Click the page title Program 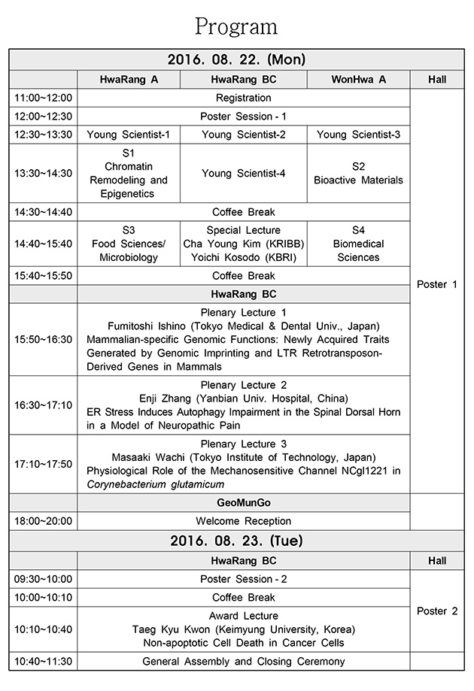(236, 26)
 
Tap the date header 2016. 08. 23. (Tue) (236, 541)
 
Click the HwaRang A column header (129, 80)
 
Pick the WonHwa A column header (358, 80)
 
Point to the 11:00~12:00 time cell (43, 98)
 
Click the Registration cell (243, 98)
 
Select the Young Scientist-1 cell (129, 135)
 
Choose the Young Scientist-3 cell (358, 135)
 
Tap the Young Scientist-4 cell (243, 174)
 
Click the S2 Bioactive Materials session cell (358, 174)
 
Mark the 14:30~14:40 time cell (43, 212)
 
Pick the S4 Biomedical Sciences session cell (358, 244)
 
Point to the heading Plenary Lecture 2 (243, 385)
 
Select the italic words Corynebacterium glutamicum (155, 484)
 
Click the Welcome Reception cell (243, 521)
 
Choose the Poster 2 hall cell (437, 611)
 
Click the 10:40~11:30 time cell (43, 662)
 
